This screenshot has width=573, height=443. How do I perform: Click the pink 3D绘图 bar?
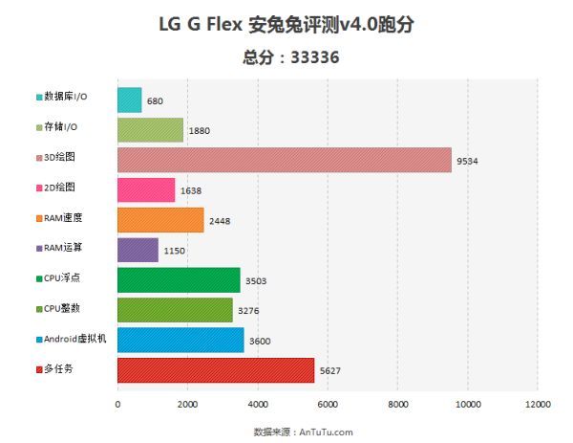pyautogui.click(x=284, y=160)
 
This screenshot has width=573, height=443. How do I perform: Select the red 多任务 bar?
pyautogui.click(x=216, y=370)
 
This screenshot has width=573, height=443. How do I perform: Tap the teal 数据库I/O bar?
pyautogui.click(x=130, y=100)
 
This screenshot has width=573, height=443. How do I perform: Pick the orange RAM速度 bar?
pyautogui.click(x=160, y=220)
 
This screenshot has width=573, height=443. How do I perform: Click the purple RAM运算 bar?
pyautogui.click(x=138, y=250)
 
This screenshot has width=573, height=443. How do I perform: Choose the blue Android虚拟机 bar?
pyautogui.click(x=180, y=340)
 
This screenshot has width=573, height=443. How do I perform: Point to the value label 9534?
pyautogui.click(x=468, y=161)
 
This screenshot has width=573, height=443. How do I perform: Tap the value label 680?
pyautogui.click(x=156, y=100)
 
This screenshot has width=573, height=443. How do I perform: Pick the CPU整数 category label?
pyautogui.click(x=64, y=309)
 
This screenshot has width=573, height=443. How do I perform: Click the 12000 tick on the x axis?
pyautogui.click(x=538, y=406)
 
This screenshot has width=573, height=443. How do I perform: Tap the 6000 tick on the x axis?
pyautogui.click(x=328, y=406)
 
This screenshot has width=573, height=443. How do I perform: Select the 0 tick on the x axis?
pyautogui.click(x=117, y=406)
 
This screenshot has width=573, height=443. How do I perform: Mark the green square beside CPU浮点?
pyautogui.click(x=38, y=279)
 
